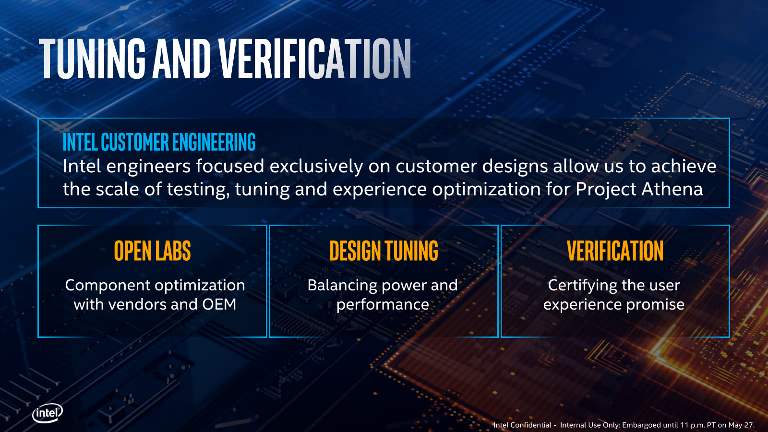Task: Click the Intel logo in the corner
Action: point(48,413)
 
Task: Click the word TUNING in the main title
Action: point(92,59)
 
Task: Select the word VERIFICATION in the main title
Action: point(315,59)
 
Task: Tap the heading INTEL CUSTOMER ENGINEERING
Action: point(159,142)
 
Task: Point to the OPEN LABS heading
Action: point(152,251)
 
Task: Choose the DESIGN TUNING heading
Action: point(384,251)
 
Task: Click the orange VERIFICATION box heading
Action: point(615,251)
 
